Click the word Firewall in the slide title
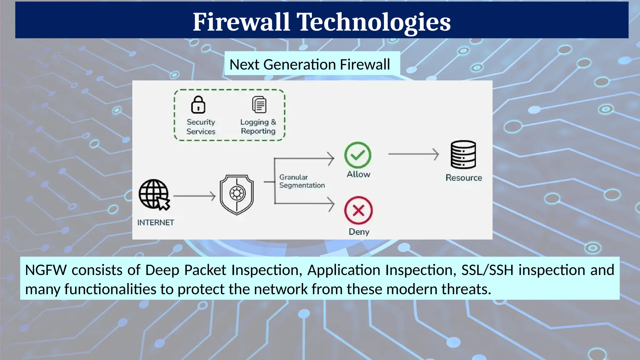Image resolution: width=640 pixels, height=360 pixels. coord(241,22)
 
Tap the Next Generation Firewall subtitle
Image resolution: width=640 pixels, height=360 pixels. coord(310,64)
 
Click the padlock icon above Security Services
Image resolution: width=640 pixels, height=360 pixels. coord(198,105)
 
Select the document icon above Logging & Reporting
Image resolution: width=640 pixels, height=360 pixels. coord(259,105)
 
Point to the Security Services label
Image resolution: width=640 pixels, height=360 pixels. coord(201,127)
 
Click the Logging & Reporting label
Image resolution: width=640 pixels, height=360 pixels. coord(258,126)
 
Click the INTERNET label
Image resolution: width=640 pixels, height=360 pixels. coord(156,222)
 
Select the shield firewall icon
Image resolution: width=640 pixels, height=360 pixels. coord(237,194)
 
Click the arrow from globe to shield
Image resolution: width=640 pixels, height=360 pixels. coord(194,196)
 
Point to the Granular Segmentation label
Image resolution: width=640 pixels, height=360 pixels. coord(302,181)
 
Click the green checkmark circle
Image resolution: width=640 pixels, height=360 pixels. coord(358,155)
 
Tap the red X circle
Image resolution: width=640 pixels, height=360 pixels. coord(358,210)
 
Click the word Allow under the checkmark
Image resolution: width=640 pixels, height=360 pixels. coord(358,174)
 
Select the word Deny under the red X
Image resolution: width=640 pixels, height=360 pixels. coord(359,232)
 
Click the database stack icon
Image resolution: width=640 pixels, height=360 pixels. coord(463,155)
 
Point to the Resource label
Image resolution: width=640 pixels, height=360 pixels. coord(464,178)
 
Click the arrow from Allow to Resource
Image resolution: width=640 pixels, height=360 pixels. coord(413,154)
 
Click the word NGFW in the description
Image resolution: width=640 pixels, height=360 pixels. coord(46,270)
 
